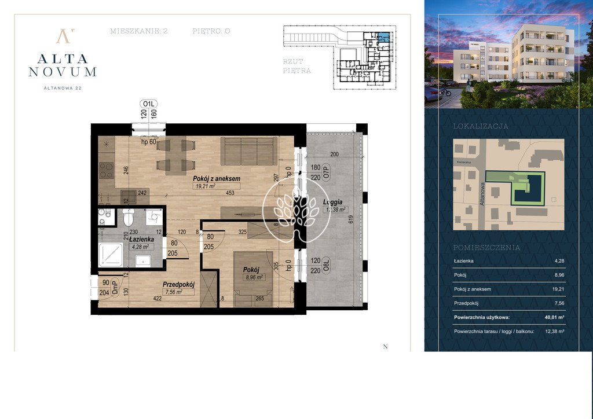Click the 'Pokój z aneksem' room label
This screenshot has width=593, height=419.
click(x=216, y=179)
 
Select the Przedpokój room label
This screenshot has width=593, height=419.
click(x=178, y=284)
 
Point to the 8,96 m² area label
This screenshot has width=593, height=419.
click(x=252, y=277)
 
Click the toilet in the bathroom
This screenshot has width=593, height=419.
click(x=128, y=217)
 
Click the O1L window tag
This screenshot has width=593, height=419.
click(x=149, y=104)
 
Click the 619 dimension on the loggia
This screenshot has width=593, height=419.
click(x=351, y=220)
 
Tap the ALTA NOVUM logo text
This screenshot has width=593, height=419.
click(x=63, y=65)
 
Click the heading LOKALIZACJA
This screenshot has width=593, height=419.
click(x=481, y=126)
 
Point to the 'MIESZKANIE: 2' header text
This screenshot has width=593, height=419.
click(x=138, y=31)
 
